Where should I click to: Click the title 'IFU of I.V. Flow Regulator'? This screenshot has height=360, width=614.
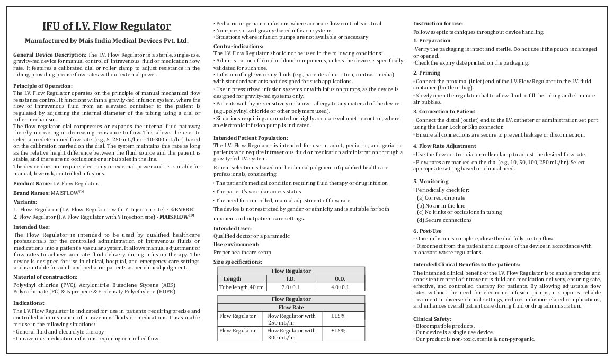[x=106, y=26]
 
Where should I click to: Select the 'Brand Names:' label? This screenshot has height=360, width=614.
[x=31, y=193]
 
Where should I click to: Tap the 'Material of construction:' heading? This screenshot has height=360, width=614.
[x=45, y=277]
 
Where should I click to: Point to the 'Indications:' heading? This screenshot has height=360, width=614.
[x=29, y=303]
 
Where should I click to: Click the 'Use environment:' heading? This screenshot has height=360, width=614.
[x=236, y=245]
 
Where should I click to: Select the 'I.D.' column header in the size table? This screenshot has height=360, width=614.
[x=291, y=279]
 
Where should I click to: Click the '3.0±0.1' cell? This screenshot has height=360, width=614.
[x=291, y=287]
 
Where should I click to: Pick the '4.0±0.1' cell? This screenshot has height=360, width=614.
[x=340, y=287]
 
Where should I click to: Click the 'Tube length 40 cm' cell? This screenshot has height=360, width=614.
[x=241, y=287]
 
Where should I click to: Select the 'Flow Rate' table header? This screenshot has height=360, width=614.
[x=291, y=307]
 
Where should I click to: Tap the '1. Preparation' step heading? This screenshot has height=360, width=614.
[x=432, y=41]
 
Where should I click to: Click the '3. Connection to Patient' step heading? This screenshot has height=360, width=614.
[x=444, y=112]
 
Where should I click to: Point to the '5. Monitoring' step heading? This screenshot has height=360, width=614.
[x=431, y=182]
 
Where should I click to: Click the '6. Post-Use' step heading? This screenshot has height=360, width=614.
[x=427, y=231]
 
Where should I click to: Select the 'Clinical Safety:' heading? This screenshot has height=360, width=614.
[x=432, y=319]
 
